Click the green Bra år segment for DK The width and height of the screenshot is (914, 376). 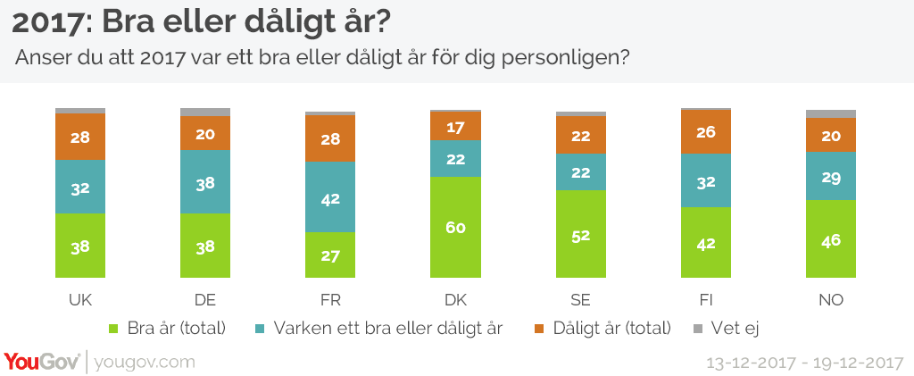click(455, 227)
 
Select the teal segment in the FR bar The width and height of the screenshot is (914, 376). click(330, 197)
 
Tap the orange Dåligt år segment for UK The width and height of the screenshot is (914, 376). click(80, 137)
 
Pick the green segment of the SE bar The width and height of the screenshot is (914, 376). click(580, 234)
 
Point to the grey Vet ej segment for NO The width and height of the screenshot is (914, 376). click(830, 113)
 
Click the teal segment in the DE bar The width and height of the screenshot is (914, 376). click(205, 182)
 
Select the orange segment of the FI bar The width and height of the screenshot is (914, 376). click(705, 132)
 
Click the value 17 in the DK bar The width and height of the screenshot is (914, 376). click(456, 127)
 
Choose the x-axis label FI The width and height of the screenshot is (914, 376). click(705, 299)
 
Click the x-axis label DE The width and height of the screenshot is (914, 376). click(205, 299)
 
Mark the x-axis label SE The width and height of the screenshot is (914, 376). click(580, 299)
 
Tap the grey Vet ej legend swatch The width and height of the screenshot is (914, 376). click(698, 328)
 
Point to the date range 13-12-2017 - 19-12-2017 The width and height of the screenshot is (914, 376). click(802, 363)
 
